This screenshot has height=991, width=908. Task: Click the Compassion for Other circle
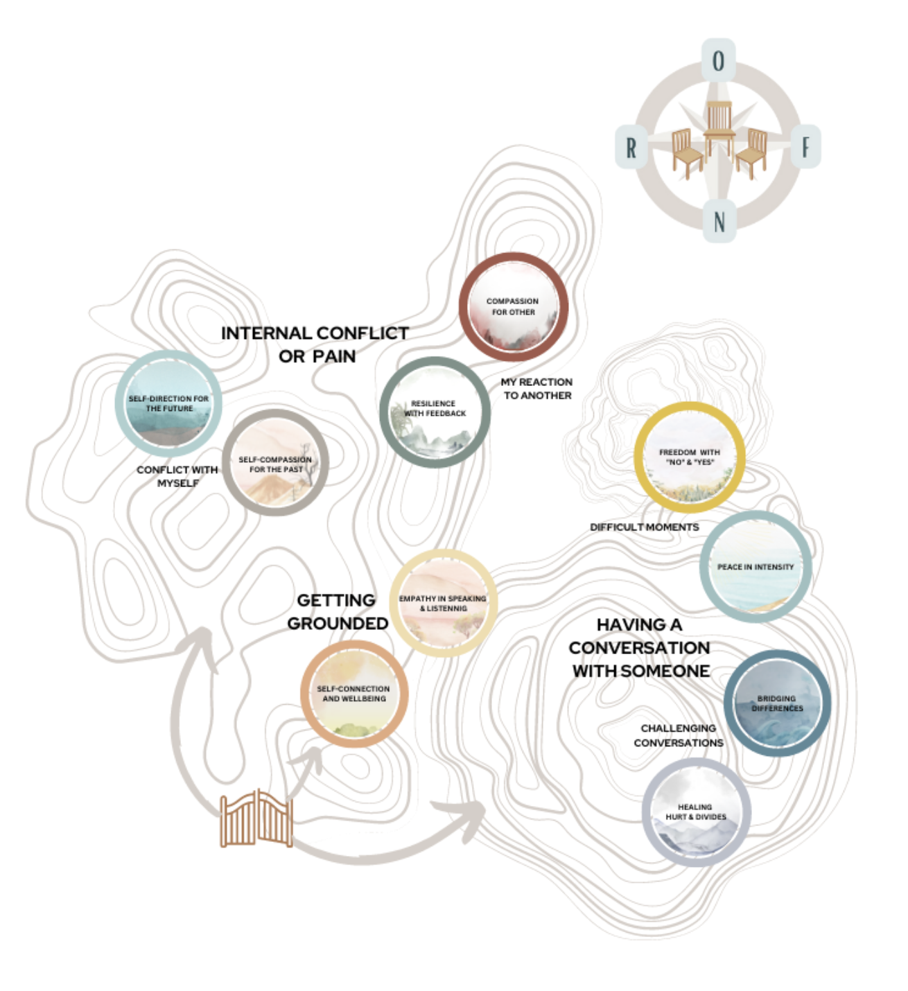514,307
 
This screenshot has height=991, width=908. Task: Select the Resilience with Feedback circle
435,412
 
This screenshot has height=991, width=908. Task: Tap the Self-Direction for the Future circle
168,404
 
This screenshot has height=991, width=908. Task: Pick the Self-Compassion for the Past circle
275,462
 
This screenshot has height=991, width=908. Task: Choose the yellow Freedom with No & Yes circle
689,457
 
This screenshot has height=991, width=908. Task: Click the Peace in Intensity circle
756,567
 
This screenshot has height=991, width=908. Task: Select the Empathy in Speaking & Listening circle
444,603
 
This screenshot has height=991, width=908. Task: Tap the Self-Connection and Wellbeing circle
354,694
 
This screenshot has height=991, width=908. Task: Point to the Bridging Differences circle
777,703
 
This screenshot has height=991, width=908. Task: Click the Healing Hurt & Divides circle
696,812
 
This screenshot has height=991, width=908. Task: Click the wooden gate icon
256,819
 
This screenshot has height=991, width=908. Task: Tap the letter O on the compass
719,61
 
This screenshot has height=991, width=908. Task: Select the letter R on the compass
631,147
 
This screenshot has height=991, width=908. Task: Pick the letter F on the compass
805,147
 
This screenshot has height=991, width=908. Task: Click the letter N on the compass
719,222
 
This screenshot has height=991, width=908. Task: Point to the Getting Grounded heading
338,612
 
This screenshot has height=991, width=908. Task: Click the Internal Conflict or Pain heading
315,344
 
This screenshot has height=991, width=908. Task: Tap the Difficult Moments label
644,527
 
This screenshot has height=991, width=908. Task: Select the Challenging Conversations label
678,735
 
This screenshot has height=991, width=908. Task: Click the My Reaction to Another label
537,389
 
